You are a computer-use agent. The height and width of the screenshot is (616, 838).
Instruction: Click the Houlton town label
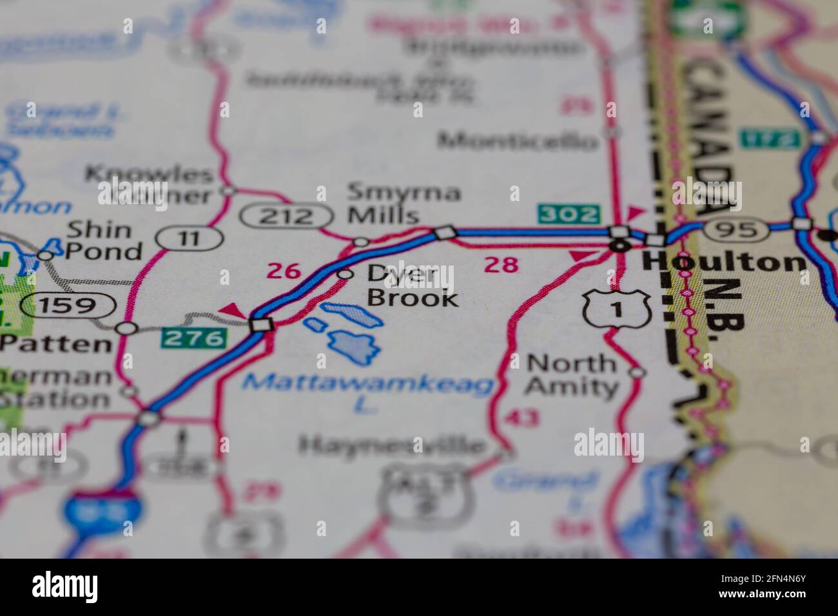click(x=725, y=262)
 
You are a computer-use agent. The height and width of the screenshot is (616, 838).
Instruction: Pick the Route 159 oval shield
click(x=67, y=304)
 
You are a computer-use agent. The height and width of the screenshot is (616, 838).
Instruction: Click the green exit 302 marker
click(x=569, y=214)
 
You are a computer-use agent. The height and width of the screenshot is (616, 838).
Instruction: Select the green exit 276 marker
click(x=195, y=336)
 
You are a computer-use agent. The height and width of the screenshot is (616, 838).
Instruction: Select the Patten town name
click(x=55, y=343)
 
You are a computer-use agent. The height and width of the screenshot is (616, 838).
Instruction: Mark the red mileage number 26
click(x=284, y=271)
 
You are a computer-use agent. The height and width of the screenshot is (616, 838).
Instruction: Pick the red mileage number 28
click(x=501, y=264)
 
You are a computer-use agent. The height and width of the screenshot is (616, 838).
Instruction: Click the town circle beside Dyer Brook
click(x=346, y=274)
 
